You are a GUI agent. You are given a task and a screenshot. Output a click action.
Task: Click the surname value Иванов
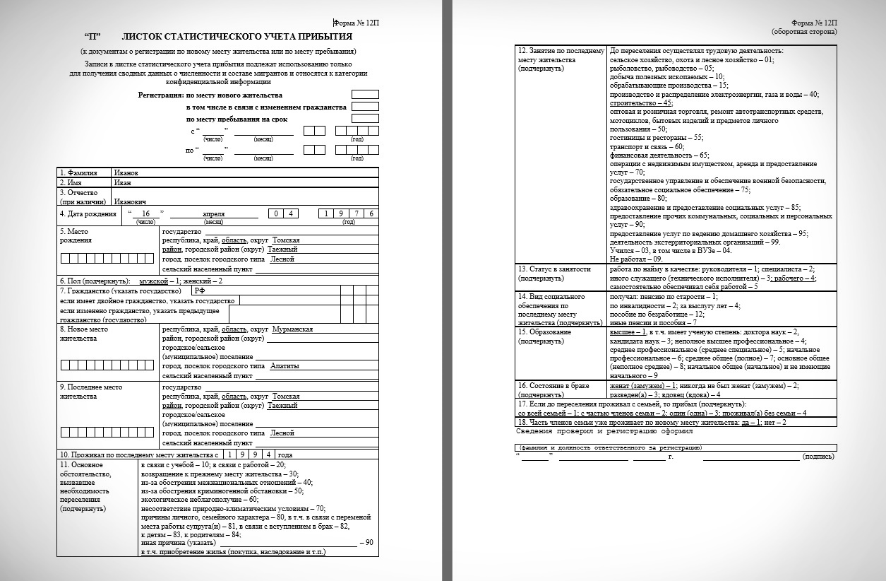tap(126, 172)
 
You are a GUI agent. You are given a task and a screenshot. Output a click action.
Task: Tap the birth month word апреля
tap(213, 213)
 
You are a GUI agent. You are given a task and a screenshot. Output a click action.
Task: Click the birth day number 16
tap(146, 213)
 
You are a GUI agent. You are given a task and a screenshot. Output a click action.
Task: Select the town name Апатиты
tap(285, 365)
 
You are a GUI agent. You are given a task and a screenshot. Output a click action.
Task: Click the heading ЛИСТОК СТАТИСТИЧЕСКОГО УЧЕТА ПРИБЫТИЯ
tap(237, 36)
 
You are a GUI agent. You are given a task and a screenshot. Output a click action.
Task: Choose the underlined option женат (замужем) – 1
tap(642, 385)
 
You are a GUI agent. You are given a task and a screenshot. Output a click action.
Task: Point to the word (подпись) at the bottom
tap(819, 457)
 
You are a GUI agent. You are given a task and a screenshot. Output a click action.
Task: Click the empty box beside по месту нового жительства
tap(365, 95)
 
